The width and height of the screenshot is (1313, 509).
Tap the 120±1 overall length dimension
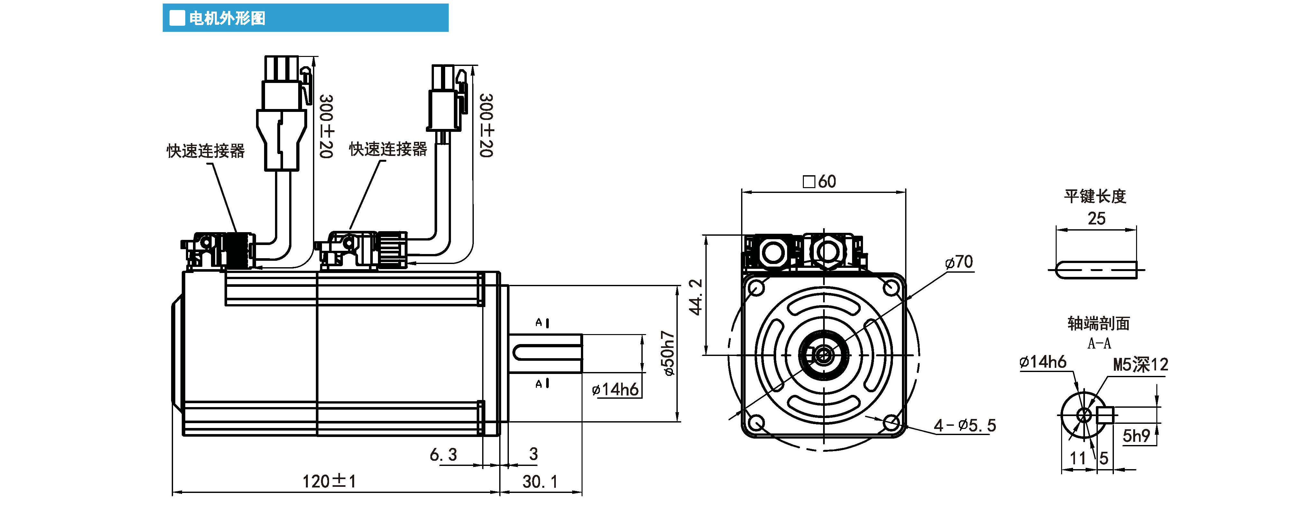click(329, 481)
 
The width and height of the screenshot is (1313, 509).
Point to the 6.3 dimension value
click(443, 454)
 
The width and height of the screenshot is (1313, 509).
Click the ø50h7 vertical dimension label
click(668, 354)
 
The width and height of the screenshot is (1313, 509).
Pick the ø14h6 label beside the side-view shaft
click(615, 390)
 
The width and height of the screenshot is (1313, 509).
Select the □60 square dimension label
click(819, 181)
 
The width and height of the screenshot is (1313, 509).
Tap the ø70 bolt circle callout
click(959, 262)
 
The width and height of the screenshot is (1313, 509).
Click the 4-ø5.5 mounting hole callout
click(964, 425)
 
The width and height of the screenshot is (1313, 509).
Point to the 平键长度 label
click(1095, 196)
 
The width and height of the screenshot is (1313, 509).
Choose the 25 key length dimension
click(1097, 219)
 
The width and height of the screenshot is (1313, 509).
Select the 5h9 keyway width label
click(1136, 436)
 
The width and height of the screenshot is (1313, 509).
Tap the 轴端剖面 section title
click(1098, 323)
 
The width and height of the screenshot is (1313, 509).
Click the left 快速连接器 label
click(206, 151)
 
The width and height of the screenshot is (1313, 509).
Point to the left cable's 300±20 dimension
click(326, 126)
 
